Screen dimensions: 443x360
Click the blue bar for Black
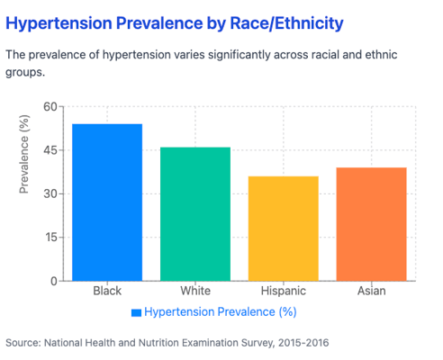coord(107,202)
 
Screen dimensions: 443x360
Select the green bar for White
coord(195,214)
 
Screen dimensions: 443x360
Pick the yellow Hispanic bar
coord(284,229)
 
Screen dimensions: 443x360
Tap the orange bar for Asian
coord(371,224)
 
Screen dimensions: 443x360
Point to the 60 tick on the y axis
coord(50,106)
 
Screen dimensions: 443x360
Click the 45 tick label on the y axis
coord(50,150)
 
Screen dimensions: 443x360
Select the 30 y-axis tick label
coord(50,193)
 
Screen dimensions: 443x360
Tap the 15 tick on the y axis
coord(51,238)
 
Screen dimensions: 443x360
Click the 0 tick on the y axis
coord(54,281)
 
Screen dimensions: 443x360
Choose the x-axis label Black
coord(107,291)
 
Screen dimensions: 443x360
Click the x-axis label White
coord(195,291)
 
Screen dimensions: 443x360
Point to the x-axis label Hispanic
coord(284,291)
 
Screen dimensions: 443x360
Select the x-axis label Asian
coord(372,291)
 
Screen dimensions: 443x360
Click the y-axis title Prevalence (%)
coord(24,154)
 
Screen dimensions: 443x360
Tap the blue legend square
coord(136,312)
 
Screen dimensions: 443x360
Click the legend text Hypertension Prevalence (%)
coord(221,312)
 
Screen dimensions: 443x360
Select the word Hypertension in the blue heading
coord(59,24)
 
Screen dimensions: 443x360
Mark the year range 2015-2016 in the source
coord(303,343)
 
